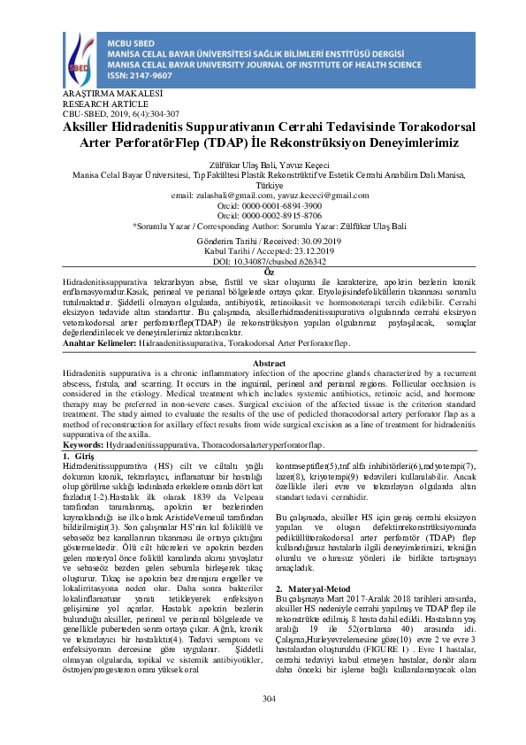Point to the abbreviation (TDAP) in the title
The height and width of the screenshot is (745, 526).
pos(229,142)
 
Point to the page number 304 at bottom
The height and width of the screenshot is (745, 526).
pos(270,699)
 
